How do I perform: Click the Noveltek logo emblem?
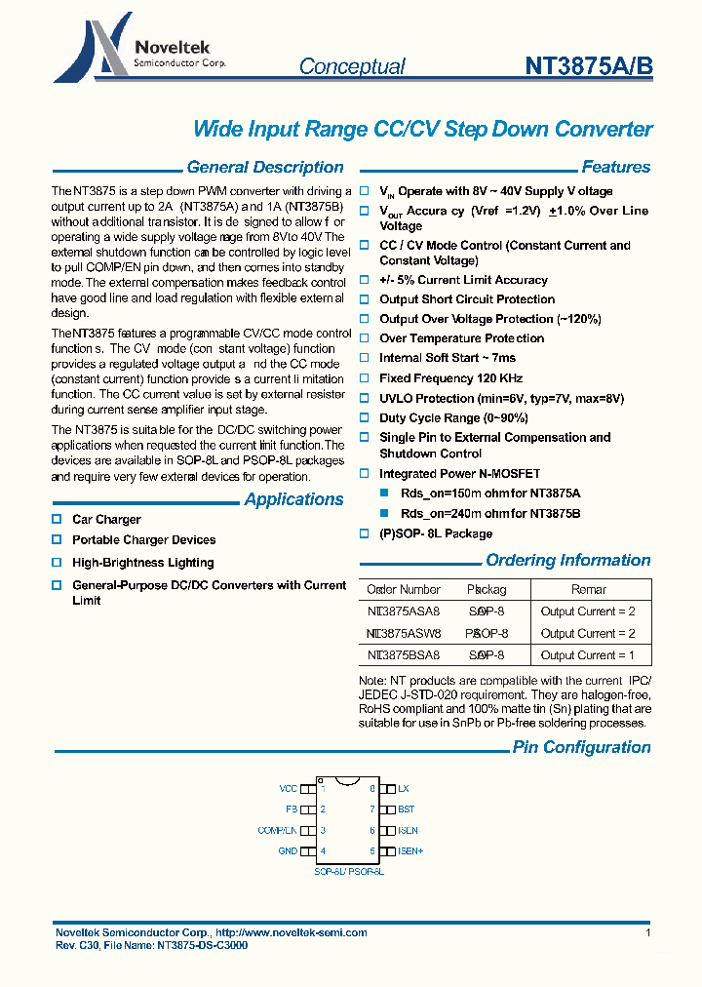pos(90,49)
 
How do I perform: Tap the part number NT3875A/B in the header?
pos(589,65)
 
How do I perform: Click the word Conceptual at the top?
pos(352,66)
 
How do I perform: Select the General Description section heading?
pos(264,167)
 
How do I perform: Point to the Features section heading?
pos(615,167)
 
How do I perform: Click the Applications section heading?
pos(293,499)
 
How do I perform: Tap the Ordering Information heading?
pos(567,560)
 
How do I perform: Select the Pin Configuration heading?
pos(581,747)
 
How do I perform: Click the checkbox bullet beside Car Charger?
pos(57,520)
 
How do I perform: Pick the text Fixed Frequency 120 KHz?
pos(450,378)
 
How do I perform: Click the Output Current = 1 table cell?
pos(587,655)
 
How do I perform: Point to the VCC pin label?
pos(288,788)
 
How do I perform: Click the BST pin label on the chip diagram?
pos(406,809)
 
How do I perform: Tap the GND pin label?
pos(288,850)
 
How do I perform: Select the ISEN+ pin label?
pos(410,850)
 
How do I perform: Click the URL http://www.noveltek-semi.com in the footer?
pos(292,933)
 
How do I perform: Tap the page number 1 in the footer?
pos(648,933)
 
